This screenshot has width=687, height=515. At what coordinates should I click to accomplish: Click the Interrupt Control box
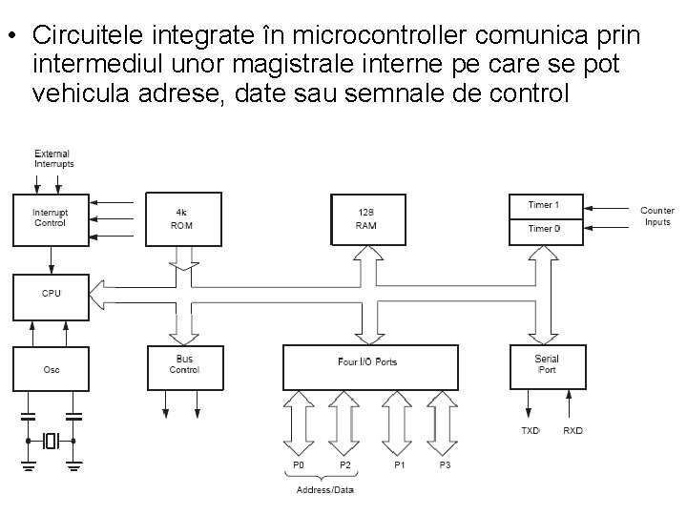pos(51,218)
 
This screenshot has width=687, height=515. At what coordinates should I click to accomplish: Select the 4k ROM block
pos(182,218)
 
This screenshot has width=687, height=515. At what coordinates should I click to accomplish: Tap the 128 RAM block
pos(366,218)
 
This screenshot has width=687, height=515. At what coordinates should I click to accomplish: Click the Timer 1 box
pos(544,205)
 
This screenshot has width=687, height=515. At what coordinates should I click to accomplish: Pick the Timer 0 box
pos(544,230)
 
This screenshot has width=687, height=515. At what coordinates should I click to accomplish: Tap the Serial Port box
pos(547,365)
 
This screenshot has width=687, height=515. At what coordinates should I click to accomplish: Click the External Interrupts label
pos(53,158)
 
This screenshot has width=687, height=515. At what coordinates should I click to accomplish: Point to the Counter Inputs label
pos(656,216)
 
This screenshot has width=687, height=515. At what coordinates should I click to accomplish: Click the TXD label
pos(530,431)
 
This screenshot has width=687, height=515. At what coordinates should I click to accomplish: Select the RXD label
pos(572,431)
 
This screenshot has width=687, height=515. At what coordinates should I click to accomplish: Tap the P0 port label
pos(299,464)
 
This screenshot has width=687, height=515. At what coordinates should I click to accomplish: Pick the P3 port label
pos(444,464)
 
